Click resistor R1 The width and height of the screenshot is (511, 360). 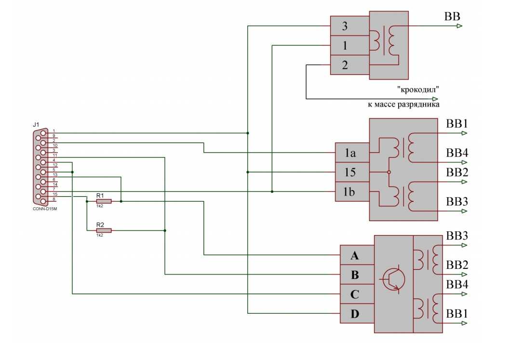104,201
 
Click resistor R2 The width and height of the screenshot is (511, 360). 104,230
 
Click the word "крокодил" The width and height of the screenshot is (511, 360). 418,89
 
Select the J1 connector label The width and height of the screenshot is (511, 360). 36,125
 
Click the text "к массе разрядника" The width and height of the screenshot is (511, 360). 404,104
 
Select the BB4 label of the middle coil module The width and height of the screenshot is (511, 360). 457,153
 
